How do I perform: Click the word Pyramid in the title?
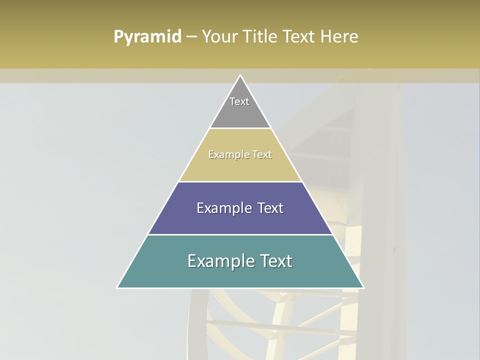147,37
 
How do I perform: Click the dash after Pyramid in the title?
191,37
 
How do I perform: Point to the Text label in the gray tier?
239,101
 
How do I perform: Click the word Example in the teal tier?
221,261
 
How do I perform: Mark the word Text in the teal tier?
277,261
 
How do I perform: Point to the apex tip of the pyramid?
240,75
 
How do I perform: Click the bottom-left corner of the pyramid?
117,287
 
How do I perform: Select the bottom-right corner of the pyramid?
363,287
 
